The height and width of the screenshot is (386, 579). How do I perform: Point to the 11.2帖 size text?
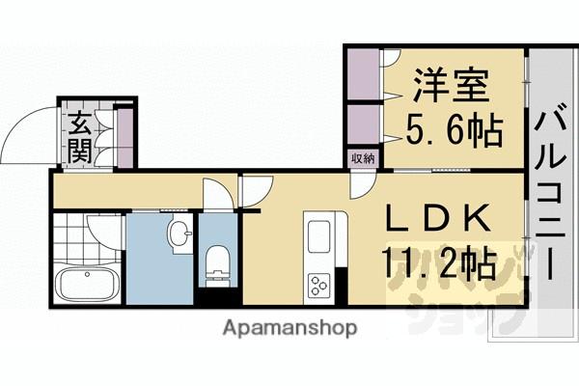point(442,262)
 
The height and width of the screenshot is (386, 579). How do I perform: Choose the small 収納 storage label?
point(363,157)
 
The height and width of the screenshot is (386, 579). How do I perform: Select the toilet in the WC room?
point(217,263)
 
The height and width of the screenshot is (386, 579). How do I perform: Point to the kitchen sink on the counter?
point(318,236)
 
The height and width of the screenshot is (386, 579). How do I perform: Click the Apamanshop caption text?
point(289,328)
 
